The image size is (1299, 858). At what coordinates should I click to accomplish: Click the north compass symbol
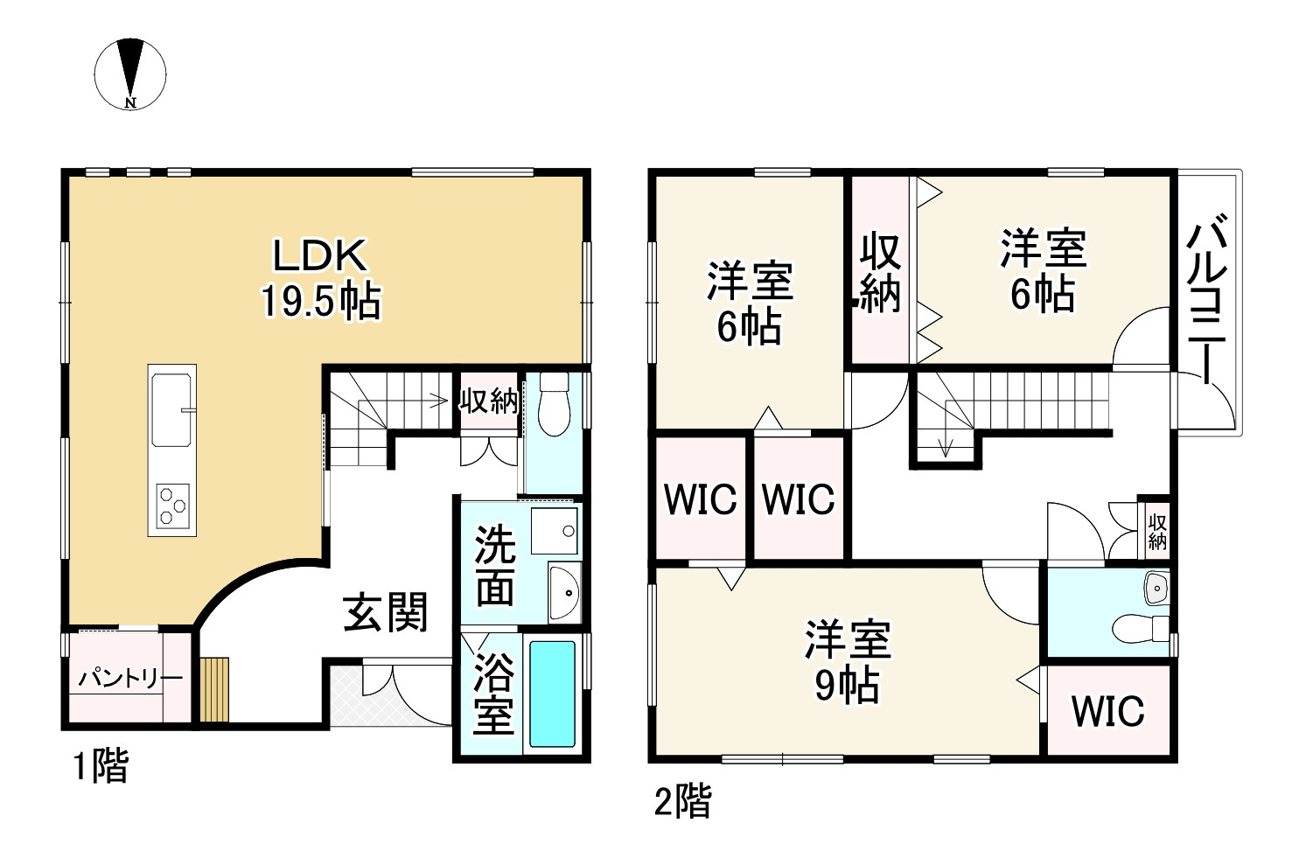(x=130, y=73)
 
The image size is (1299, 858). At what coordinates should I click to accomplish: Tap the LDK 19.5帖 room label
(x=320, y=278)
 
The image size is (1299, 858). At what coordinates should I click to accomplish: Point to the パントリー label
(x=130, y=679)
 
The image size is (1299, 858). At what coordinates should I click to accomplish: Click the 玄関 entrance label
(x=386, y=611)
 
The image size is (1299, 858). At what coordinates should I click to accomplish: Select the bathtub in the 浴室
(x=552, y=694)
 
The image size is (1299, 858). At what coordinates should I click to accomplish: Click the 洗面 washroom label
(x=494, y=568)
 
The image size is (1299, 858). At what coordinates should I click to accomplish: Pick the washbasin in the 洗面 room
(x=564, y=594)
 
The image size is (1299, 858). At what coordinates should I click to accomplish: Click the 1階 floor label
(x=100, y=767)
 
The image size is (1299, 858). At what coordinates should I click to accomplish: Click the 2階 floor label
(x=683, y=801)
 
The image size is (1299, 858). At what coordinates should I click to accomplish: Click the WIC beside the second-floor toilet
(x=1107, y=711)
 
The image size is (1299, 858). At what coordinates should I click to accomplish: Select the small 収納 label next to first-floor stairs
(x=490, y=401)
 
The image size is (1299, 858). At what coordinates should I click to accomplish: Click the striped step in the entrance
(x=214, y=689)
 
